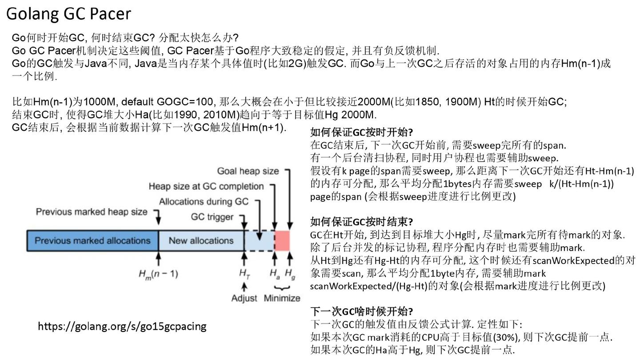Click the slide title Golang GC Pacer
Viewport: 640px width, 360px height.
pos(68,14)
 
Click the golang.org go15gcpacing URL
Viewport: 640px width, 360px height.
pos(122,326)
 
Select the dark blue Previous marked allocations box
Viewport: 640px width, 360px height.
pos(92,240)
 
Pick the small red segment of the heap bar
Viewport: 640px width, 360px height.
pos(283,240)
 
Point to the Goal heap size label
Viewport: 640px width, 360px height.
pos(248,171)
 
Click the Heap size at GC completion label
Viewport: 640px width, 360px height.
pos(206,186)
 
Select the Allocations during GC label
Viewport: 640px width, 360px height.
pos(204,201)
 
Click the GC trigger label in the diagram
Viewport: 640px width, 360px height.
pos(212,217)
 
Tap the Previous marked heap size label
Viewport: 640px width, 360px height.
pos(91,212)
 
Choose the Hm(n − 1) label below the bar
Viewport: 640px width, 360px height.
pos(158,274)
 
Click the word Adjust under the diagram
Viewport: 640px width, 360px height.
pos(244,298)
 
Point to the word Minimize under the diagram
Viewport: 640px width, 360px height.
pos(282,298)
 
